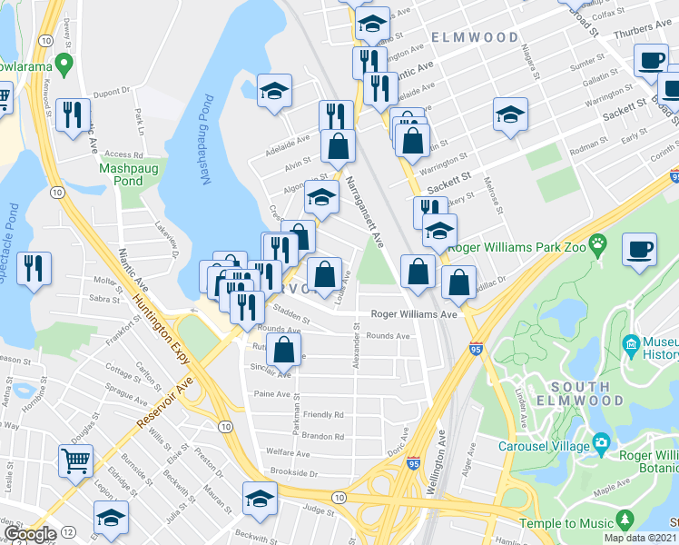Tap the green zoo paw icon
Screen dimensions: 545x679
(x=597, y=243)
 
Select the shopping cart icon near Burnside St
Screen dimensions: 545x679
(x=75, y=460)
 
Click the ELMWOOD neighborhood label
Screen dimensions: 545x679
(x=475, y=38)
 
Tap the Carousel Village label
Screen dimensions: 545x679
(x=545, y=445)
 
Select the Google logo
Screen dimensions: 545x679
(x=29, y=535)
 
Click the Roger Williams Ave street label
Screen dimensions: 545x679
(x=413, y=314)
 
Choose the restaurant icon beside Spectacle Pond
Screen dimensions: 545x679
(x=34, y=267)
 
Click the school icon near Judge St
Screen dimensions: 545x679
(x=259, y=499)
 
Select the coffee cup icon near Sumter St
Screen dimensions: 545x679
(x=650, y=61)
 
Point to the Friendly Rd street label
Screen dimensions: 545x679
(x=324, y=414)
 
